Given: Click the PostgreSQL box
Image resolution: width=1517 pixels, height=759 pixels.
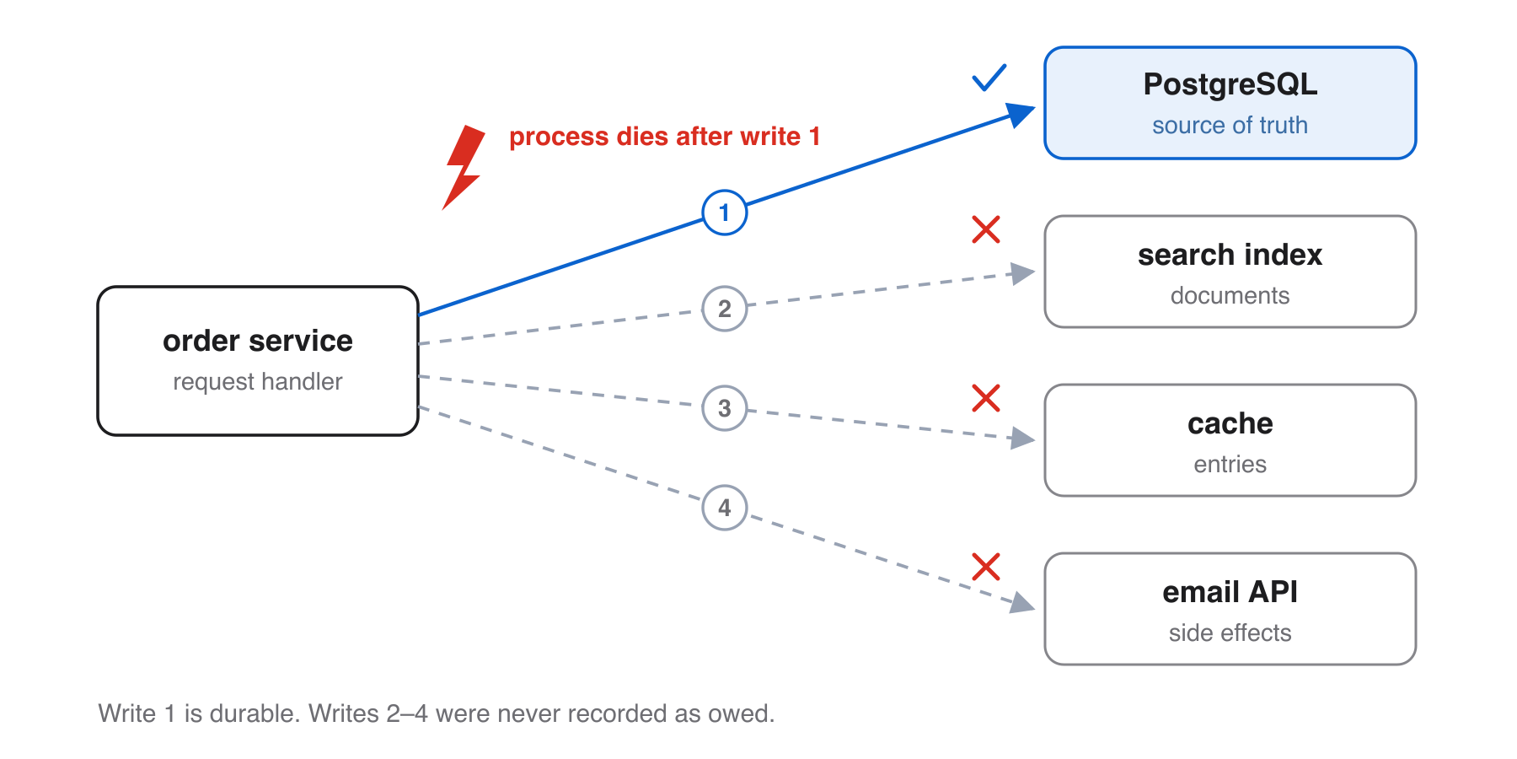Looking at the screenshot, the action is pos(1230,103).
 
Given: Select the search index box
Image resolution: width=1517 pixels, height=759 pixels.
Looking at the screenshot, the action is pos(1230,272).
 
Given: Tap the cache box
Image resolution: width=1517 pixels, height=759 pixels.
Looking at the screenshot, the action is pos(1230,440).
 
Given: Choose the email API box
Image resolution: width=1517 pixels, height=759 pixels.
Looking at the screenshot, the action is pos(1230,609).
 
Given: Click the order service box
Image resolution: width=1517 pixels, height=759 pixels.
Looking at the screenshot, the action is pos(258,361).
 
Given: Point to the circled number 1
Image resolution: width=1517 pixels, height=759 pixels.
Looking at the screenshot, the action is pos(725,213).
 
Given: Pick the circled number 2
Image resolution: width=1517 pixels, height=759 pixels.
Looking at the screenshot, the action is pos(725,309).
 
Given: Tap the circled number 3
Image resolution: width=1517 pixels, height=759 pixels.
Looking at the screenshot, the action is pos(725,408).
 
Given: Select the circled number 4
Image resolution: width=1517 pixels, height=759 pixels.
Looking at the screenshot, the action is pos(725,508).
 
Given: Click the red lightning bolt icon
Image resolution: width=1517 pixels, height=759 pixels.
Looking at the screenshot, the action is pos(463,168).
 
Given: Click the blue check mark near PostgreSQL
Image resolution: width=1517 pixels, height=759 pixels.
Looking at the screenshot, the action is pos(989,78).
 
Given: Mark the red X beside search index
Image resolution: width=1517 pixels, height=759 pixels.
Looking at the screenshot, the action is pos(986,229).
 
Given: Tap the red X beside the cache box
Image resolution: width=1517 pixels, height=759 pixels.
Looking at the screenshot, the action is pos(986,398).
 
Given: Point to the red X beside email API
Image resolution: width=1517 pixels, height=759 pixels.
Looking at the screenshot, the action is pos(986,567).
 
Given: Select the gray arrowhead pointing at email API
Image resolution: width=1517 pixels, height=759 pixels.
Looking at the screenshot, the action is pos(1023,603).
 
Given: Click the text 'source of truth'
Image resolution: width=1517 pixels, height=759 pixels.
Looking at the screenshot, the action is pos(1230,126).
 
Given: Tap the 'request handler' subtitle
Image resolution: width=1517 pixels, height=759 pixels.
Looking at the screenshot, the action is pos(258,382).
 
